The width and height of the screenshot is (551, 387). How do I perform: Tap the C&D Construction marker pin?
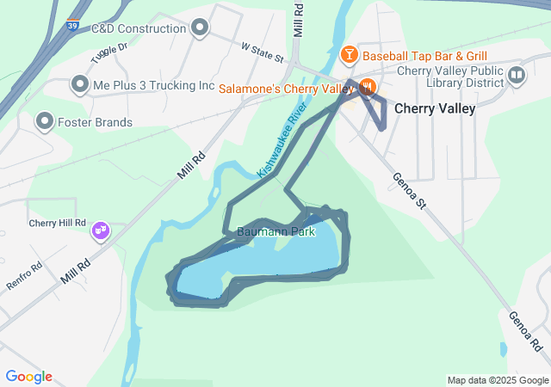201,28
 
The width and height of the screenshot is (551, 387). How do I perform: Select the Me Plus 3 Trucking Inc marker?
80,85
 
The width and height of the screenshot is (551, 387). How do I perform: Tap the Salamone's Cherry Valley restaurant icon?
367,87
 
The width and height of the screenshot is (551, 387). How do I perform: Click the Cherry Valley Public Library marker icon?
517,75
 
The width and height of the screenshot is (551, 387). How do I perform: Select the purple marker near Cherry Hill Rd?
101,230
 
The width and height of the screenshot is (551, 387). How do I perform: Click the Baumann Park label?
276,231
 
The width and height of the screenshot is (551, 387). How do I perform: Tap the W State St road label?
263,52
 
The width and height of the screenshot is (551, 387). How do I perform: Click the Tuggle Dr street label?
108,55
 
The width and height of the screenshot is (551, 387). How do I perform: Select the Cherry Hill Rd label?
58,222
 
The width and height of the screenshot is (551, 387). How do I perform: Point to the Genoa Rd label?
524,331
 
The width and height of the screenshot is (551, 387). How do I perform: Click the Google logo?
28,377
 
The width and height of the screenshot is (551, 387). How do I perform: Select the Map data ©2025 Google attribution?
497,380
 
